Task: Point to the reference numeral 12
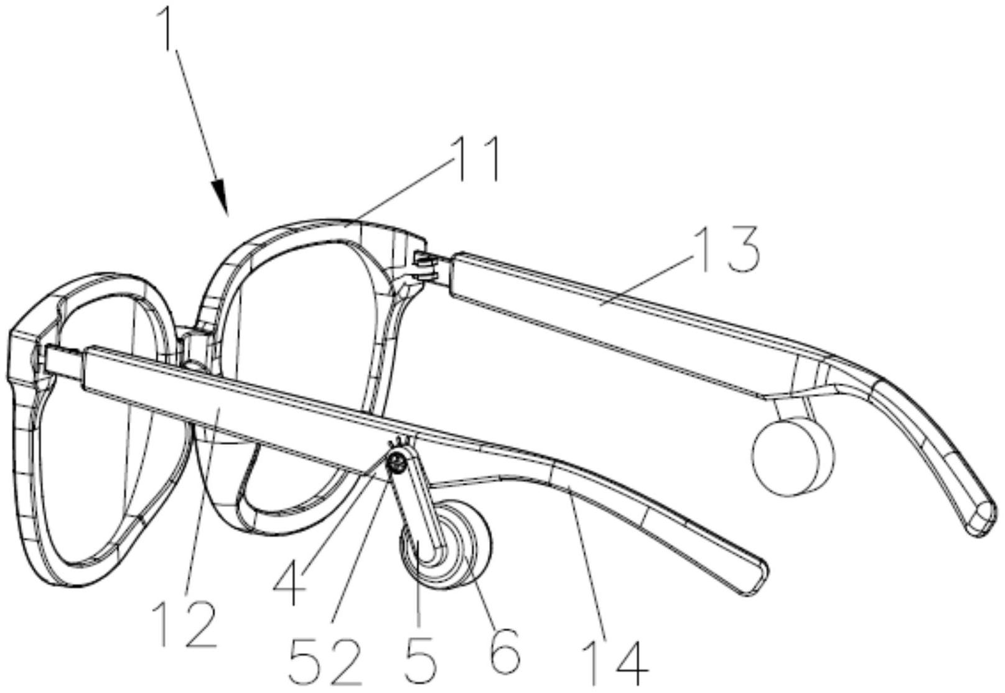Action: [x=184, y=624]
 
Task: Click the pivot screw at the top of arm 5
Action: [x=396, y=461]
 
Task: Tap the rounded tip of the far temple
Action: [x=982, y=518]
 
